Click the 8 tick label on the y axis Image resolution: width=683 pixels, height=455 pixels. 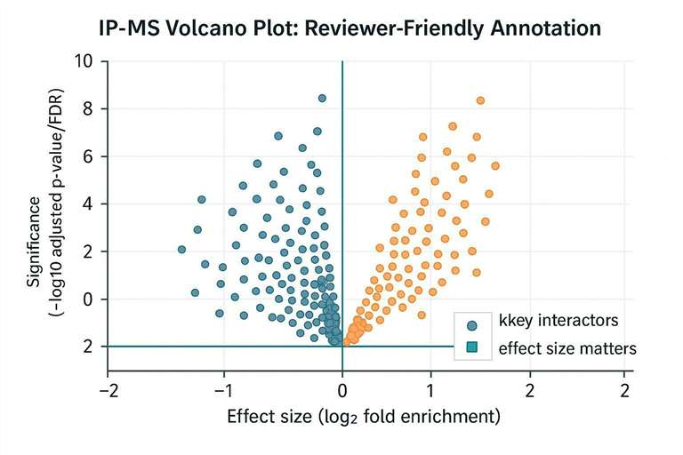87,108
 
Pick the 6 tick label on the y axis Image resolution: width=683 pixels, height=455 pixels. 87,156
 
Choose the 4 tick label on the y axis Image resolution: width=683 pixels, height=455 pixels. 87,204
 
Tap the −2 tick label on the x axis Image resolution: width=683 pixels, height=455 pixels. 108,390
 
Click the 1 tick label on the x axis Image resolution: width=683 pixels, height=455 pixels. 430,390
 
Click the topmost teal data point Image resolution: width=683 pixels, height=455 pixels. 322,98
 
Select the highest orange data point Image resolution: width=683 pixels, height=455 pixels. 480,100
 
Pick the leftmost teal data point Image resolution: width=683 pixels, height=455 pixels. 181,250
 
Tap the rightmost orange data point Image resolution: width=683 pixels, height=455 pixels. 495,166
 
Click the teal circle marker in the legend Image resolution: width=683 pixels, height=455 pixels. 472,325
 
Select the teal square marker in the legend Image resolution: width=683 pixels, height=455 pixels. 472,348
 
